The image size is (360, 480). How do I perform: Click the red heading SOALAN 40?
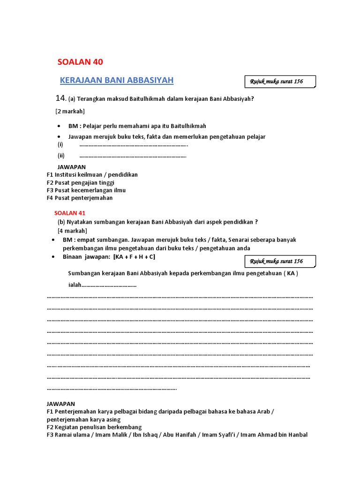coord(80,62)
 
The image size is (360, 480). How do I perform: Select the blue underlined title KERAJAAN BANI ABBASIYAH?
coord(117,81)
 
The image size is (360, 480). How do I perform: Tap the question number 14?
coord(60,98)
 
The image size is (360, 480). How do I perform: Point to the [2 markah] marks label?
coord(70,111)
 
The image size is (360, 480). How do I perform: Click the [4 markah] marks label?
coord(72,231)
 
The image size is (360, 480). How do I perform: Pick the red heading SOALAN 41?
coord(70,213)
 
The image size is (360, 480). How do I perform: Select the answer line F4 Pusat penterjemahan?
coord(79,198)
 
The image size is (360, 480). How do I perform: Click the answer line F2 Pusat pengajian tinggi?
coord(80,182)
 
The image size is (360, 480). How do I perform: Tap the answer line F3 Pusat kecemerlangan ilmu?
coord(86,190)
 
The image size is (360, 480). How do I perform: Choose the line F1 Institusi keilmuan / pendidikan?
coord(92,174)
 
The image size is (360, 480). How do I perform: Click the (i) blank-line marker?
coord(60,144)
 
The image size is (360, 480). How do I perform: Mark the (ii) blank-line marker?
coord(61,156)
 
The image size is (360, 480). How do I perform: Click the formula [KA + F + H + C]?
coord(134,257)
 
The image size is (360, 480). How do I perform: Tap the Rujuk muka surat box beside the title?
coord(280,82)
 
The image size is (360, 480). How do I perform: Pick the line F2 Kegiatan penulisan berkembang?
coord(94,427)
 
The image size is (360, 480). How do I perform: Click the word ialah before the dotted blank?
coord(75,285)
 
